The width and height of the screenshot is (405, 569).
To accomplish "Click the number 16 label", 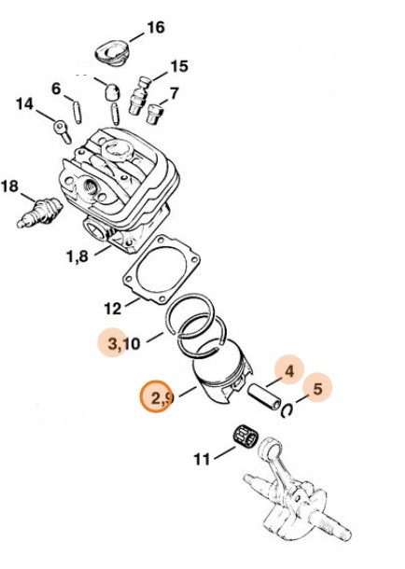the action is [x=156, y=28].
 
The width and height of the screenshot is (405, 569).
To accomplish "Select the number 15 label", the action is [x=179, y=66].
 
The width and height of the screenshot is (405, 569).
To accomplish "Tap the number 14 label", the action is [x=24, y=104].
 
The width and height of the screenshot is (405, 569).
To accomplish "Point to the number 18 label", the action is [x=9, y=187].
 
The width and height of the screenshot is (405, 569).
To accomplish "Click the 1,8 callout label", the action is [x=77, y=257].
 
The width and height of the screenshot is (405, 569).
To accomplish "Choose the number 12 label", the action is [x=113, y=309].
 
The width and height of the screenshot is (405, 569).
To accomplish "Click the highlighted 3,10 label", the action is [x=124, y=343].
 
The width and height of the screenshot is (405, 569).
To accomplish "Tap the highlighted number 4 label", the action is [x=289, y=371].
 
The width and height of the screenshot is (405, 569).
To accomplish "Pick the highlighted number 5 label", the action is [x=317, y=389].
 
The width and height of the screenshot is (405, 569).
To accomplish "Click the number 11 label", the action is [x=202, y=459].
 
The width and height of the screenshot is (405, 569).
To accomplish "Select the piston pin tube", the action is [x=265, y=397].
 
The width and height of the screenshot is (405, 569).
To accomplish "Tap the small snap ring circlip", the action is [x=288, y=409].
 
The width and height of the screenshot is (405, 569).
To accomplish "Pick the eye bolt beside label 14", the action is [x=62, y=131].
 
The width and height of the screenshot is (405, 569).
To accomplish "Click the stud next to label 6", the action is [x=77, y=112].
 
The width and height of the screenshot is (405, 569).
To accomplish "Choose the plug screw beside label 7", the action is [x=154, y=114].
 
